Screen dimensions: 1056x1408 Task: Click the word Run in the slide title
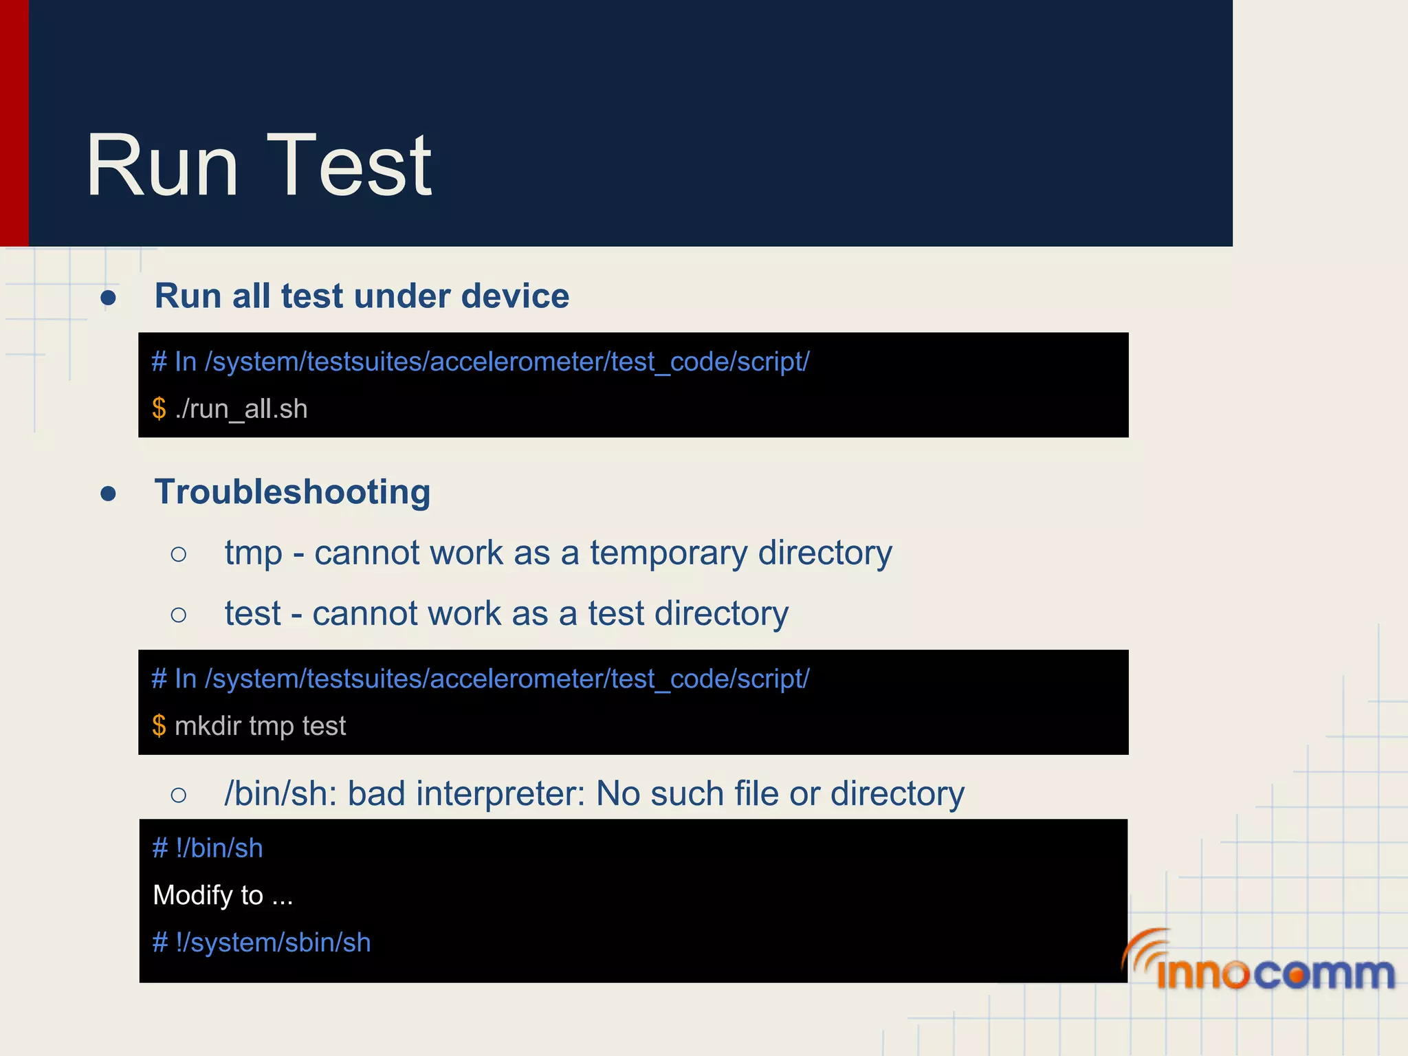click(162, 166)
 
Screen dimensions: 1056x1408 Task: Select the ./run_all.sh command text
click(241, 409)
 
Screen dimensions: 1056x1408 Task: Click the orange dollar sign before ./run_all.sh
click(159, 409)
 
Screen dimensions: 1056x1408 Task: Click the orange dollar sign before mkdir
click(159, 726)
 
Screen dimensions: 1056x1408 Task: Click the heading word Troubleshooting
click(292, 492)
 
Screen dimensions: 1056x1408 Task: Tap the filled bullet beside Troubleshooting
click(108, 494)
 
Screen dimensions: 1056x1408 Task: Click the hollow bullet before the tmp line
click(179, 554)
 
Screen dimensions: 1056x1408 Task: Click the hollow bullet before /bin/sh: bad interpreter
click(179, 795)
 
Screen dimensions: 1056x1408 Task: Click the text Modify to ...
click(208, 895)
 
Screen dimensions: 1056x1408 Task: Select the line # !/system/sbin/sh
click(261, 943)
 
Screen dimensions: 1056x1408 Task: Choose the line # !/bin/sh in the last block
click(208, 848)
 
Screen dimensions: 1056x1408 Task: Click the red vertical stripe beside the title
click(14, 124)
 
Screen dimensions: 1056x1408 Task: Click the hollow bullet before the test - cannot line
click(179, 615)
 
